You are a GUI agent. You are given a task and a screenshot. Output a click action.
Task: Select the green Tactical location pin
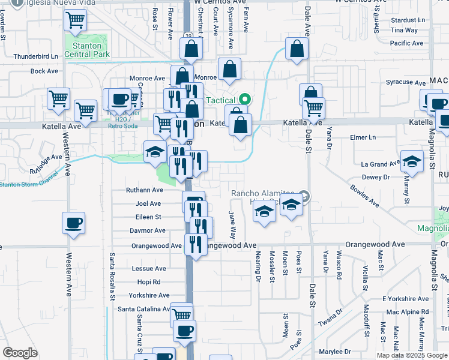[244, 100]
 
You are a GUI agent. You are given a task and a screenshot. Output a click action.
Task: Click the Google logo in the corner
[20, 353]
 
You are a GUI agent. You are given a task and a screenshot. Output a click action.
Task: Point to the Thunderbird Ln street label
[35, 57]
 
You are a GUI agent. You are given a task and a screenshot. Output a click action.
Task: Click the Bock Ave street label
[44, 71]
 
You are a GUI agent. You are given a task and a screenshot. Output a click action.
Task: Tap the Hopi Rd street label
[148, 282]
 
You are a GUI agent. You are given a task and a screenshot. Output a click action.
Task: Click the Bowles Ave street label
[365, 196]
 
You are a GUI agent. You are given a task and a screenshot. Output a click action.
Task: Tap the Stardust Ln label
[408, 20]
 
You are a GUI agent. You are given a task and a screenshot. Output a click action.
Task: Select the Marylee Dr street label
[335, 352]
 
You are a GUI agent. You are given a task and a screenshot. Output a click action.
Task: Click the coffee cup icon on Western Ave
[73, 223]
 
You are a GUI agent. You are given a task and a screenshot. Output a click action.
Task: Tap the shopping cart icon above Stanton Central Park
[76, 20]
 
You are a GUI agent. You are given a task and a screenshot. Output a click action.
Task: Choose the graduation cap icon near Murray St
[412, 161]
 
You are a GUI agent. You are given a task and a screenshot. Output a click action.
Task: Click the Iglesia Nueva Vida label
[35, 3]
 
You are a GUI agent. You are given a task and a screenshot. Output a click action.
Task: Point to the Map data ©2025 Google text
[411, 355]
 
